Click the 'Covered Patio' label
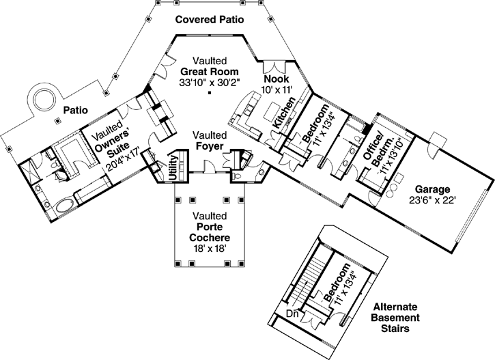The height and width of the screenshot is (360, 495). click(209, 18)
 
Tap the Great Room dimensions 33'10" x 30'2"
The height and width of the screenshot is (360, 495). click(210, 83)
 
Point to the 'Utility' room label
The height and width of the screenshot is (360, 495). click(173, 167)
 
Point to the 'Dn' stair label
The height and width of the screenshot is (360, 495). click(292, 314)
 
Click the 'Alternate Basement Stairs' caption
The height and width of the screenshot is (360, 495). click(396, 318)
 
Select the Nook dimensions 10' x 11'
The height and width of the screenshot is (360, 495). click(278, 89)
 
